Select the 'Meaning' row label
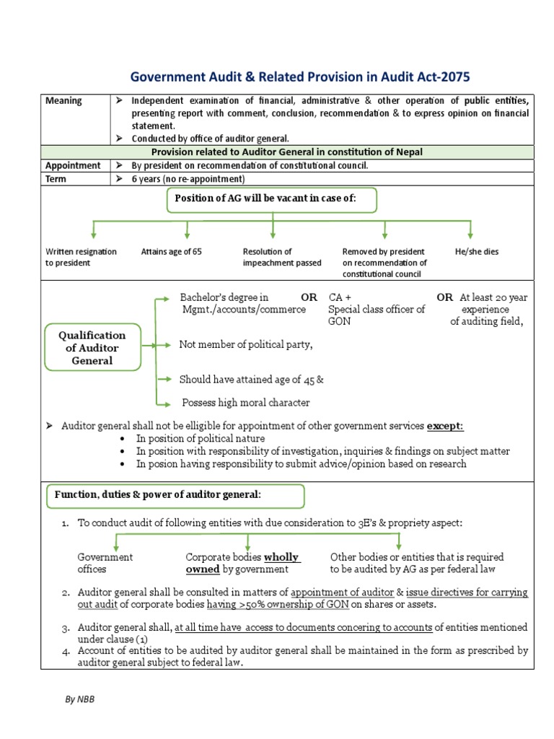tap(63, 101)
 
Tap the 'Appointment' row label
tap(73, 165)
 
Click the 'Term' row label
tap(56, 179)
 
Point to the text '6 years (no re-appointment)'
tap(188, 179)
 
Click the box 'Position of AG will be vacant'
tap(272, 198)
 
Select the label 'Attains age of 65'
tap(172, 252)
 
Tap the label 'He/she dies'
tap(477, 252)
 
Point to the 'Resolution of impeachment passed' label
tap(282, 258)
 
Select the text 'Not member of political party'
tap(246, 345)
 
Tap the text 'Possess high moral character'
tap(245, 403)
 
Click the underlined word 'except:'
tap(445, 427)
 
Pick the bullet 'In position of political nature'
tap(201, 439)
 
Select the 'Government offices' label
tap(105, 563)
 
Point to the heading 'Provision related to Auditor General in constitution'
tap(286, 152)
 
